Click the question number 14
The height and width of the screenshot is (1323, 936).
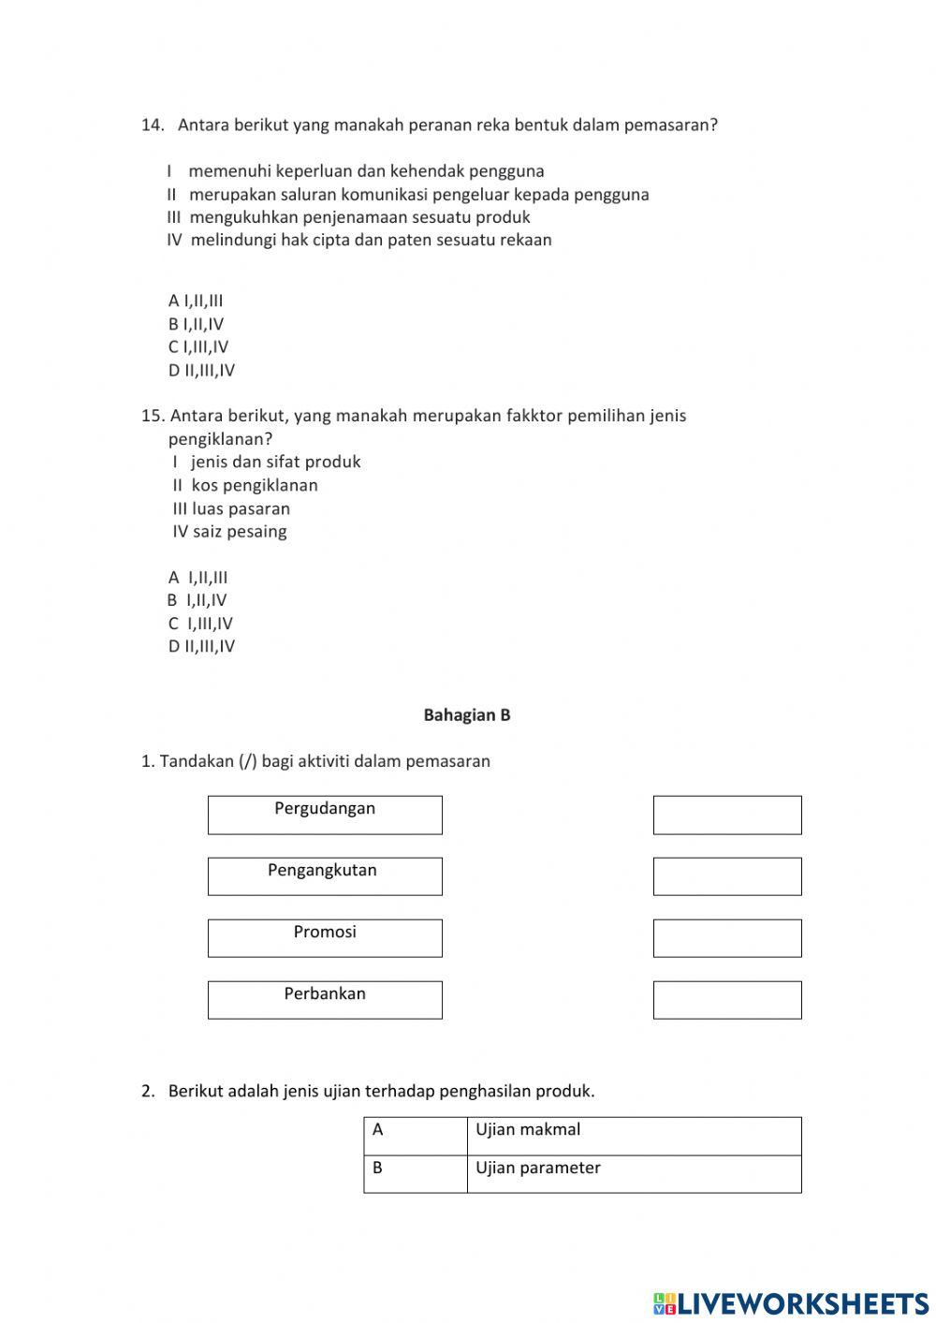click(153, 125)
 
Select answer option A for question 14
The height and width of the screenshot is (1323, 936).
click(196, 301)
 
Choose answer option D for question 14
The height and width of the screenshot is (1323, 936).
click(201, 370)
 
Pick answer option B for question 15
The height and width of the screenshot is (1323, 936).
click(197, 600)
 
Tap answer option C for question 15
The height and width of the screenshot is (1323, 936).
click(200, 624)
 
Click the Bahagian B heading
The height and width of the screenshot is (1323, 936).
click(467, 715)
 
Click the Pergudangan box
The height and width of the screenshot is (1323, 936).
click(325, 815)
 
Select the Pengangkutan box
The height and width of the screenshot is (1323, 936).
click(325, 876)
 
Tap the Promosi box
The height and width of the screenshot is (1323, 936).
click(325, 938)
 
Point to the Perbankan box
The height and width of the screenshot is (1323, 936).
click(325, 1000)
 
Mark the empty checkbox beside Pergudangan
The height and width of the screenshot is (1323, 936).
click(727, 815)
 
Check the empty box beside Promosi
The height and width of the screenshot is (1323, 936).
click(727, 938)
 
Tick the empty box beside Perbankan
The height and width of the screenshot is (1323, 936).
click(727, 1000)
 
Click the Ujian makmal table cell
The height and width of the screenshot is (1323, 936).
click(634, 1136)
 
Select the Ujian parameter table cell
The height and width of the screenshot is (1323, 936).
click(634, 1173)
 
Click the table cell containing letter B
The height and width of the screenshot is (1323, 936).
click(416, 1173)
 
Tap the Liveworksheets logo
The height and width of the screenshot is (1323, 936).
click(791, 1302)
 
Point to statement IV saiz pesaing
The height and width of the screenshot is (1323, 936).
click(229, 532)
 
